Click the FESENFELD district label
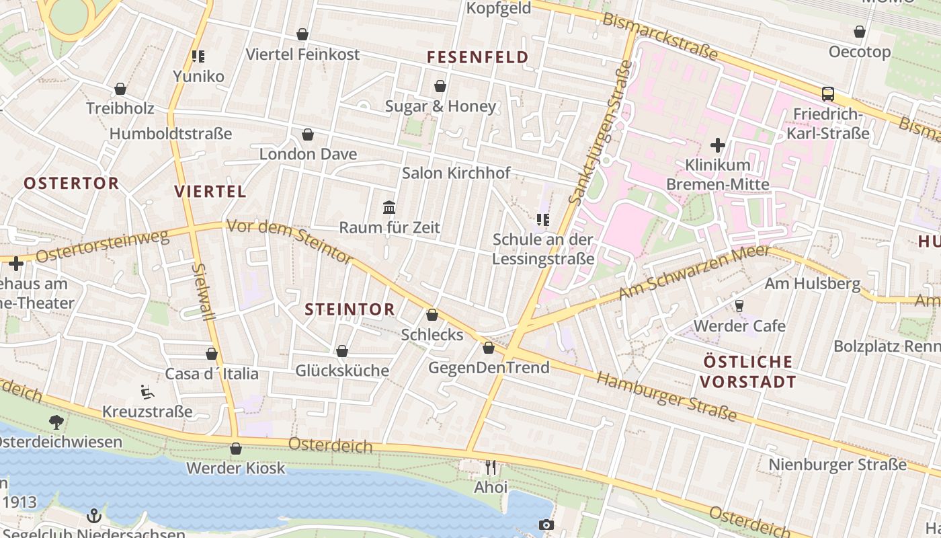tap(478, 57)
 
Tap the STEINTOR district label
tap(350, 309)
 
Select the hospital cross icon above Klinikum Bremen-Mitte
tap(717, 145)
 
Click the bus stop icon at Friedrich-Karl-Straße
tap(827, 94)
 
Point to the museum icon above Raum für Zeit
tap(389, 207)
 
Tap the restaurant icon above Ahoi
tap(491, 467)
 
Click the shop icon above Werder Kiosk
tap(235, 449)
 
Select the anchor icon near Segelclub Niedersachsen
tap(94, 516)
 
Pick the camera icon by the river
tap(546, 525)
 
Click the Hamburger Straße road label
tap(666, 397)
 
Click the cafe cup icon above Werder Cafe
tap(739, 306)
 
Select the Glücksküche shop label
tap(342, 371)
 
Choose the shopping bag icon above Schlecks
tap(432, 315)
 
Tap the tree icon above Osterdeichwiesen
tap(56, 422)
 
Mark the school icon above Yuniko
tap(198, 56)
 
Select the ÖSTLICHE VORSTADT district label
tap(748, 372)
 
